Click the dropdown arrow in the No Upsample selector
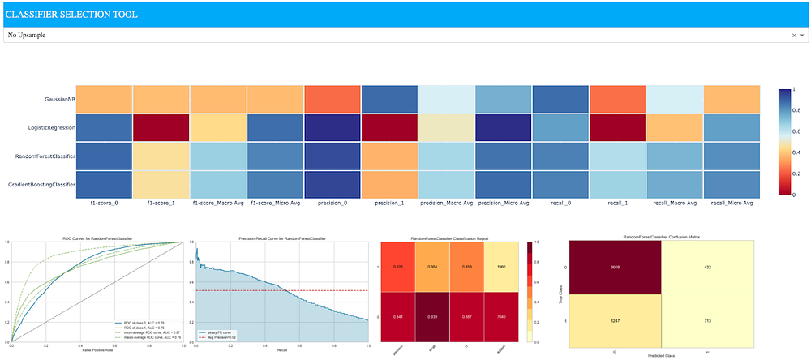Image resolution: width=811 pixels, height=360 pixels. pos(802,36)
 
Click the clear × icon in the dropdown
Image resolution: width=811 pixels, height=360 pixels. pos(793,36)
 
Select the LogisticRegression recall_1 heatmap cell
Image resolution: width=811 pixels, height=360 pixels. pos(618,128)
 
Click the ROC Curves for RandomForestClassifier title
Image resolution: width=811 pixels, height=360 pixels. pos(97,238)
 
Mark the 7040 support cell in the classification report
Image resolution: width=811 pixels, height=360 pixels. pos(501,317)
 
